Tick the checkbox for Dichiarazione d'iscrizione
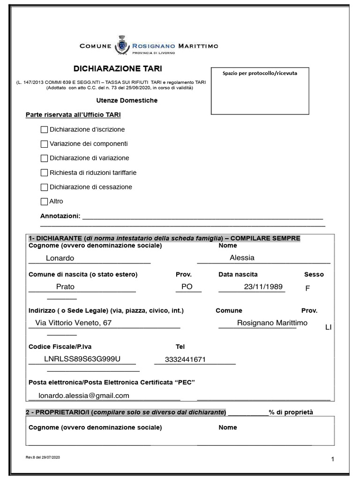tap(45, 129)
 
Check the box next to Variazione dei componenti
tap(45, 144)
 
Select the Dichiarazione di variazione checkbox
tap(45, 158)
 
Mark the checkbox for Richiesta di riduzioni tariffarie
tap(45, 172)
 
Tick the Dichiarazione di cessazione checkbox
tap(45, 187)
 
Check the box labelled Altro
tap(45, 202)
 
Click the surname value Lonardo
tap(60, 258)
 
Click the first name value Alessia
tap(242, 257)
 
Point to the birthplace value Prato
tap(65, 287)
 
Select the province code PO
tap(187, 287)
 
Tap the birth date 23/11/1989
tap(263, 287)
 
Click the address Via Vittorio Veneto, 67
tap(73, 323)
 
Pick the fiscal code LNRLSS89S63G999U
tap(82, 359)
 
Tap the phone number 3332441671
tap(186, 360)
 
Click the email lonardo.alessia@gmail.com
tap(84, 396)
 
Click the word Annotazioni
tap(60, 216)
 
